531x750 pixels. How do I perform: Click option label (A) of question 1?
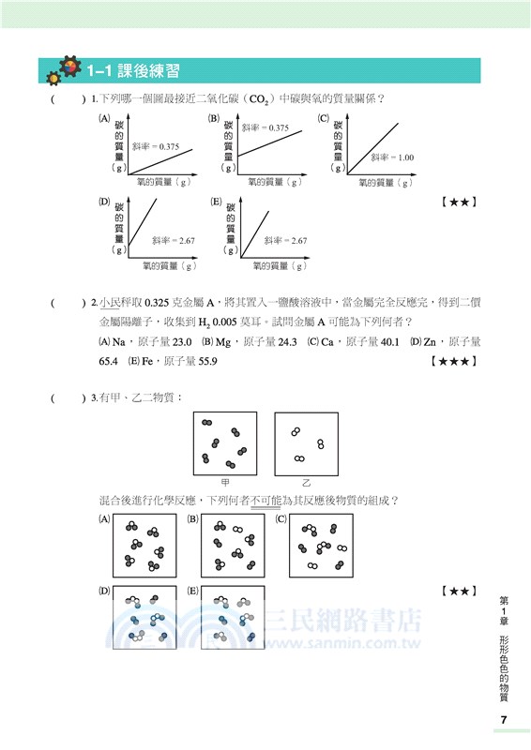coord(103,119)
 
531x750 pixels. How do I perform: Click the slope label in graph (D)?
coord(172,241)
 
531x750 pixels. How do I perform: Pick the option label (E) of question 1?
coord(216,202)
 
